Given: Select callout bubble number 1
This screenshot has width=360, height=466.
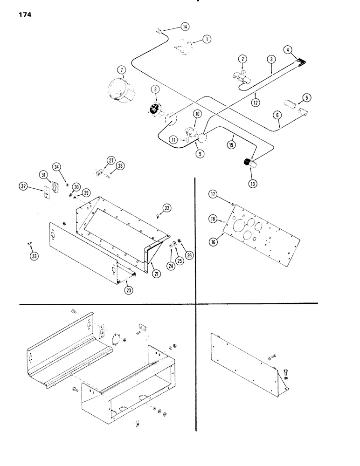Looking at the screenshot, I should coord(206,41).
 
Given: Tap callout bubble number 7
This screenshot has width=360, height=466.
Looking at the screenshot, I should coord(122,70).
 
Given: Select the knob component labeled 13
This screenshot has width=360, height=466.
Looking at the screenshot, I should coord(247,163).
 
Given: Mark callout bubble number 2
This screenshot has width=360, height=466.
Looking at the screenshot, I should coord(242,59).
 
